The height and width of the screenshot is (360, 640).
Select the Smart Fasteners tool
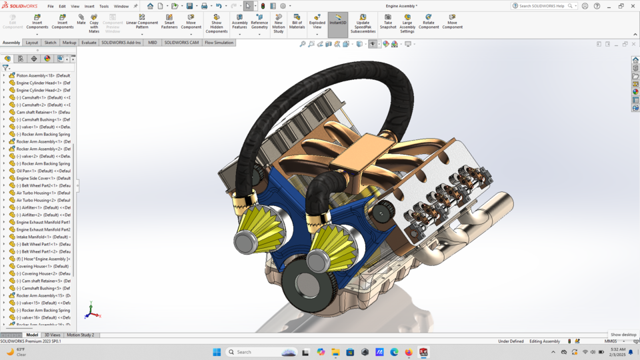[x=169, y=21]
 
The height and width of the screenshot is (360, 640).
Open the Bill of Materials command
[x=297, y=21]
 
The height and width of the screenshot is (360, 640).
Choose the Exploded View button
[x=317, y=21]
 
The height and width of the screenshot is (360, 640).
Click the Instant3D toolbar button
[x=338, y=21]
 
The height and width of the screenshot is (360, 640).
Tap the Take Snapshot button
[x=388, y=21]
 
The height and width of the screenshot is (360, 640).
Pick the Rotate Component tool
[x=429, y=21]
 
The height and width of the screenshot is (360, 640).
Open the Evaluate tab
[x=89, y=43]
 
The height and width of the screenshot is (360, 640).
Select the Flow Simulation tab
[x=219, y=43]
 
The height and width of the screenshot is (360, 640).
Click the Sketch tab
[x=50, y=43]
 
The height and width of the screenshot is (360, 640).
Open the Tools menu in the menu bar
[x=104, y=6]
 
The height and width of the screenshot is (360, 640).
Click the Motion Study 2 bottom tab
[x=80, y=335]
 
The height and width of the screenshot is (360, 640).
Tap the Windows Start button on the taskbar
[x=217, y=352]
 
